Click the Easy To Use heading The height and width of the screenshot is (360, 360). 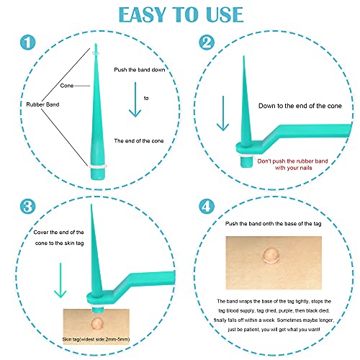[x=181, y=14]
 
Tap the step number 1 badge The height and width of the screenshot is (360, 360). [x=28, y=42]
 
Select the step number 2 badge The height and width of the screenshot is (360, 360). [x=207, y=42]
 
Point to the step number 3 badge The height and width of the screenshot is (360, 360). [x=28, y=207]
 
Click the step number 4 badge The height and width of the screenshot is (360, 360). [x=207, y=207]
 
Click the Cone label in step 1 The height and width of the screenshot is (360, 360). [x=67, y=86]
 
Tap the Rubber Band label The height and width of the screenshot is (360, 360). [x=42, y=104]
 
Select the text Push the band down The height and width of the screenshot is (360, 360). [x=140, y=70]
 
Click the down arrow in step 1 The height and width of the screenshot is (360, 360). [x=135, y=99]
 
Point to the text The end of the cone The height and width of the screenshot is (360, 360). [x=139, y=141]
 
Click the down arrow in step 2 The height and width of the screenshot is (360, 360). [x=223, y=114]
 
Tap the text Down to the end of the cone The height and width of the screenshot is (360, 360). [x=300, y=106]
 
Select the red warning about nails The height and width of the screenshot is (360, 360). [x=293, y=164]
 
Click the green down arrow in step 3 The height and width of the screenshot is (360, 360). [x=60, y=280]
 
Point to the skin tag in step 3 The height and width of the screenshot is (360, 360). [x=97, y=323]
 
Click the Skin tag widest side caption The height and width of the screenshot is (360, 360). [x=96, y=339]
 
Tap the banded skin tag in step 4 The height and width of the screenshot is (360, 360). [x=271, y=256]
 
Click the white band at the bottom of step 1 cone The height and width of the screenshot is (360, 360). [x=98, y=166]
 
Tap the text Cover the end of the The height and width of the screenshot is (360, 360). [x=58, y=233]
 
